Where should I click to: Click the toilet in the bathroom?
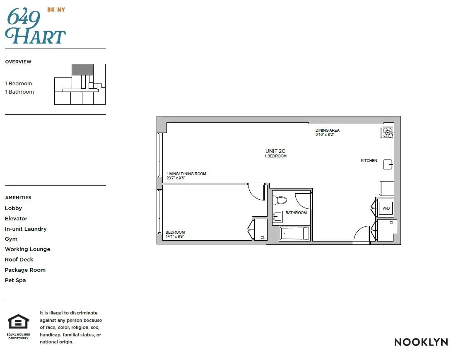pyautogui.click(x=280, y=201)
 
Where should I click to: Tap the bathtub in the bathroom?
pyautogui.click(x=294, y=233)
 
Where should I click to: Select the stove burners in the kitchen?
pyautogui.click(x=388, y=132)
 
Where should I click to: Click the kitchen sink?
pyautogui.click(x=387, y=164)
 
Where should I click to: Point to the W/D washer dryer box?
pyautogui.click(x=386, y=208)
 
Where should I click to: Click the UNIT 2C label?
pyautogui.click(x=275, y=151)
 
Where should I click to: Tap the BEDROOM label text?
pyautogui.click(x=175, y=232)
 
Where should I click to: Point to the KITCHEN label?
pyautogui.click(x=369, y=161)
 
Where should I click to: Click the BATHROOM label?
pyautogui.click(x=296, y=213)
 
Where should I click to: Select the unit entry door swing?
pyautogui.click(x=361, y=235)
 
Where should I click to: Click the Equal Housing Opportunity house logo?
pyautogui.click(x=19, y=322)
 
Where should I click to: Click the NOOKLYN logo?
pyautogui.click(x=421, y=342)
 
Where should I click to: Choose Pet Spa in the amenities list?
pyautogui.click(x=15, y=280)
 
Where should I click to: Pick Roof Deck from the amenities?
pyautogui.click(x=19, y=259)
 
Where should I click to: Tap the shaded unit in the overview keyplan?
pyautogui.click(x=82, y=69)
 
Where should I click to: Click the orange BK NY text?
pyautogui.click(x=56, y=10)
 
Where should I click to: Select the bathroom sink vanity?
pyautogui.click(x=277, y=217)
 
